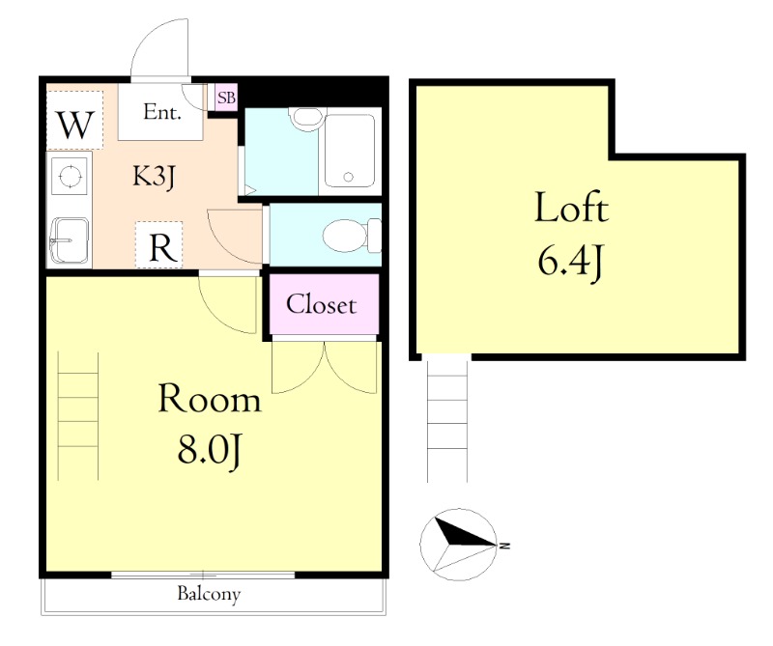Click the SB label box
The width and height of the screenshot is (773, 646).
coord(226,98)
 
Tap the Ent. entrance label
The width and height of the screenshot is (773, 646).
coord(162,112)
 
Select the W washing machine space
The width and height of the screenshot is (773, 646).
coord(75,121)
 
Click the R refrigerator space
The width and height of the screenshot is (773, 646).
coord(159,245)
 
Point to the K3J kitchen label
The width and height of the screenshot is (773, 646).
coord(155,176)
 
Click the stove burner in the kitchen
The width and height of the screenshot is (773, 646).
coord(70,175)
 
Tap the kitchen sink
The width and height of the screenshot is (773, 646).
coord(70,240)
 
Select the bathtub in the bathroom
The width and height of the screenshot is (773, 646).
coord(350,151)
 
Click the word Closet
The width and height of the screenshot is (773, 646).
coord(322,304)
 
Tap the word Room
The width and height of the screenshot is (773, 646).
coord(209,398)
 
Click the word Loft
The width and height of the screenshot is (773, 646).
coord(572,207)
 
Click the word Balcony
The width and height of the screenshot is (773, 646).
coord(209,594)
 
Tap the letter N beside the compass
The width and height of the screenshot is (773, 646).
coord(504,546)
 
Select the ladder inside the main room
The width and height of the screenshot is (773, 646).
coord(78,416)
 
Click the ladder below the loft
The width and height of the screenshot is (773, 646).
coord(447,418)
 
